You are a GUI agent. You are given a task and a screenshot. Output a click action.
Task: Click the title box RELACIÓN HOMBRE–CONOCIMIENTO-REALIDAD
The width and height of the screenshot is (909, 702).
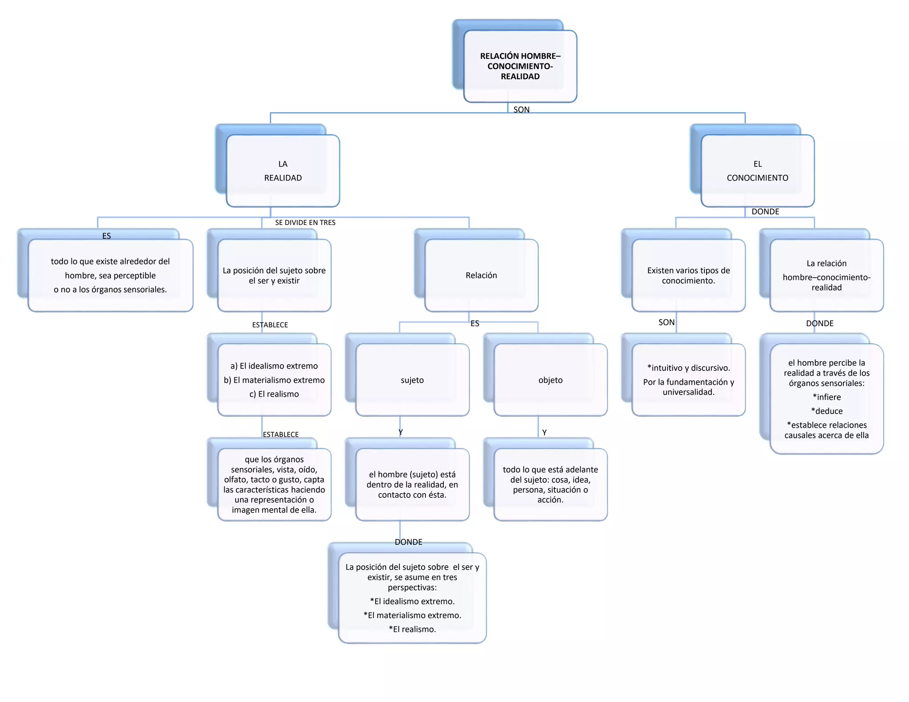click(520, 66)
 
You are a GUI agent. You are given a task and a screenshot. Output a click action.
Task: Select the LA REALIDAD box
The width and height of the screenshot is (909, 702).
click(283, 171)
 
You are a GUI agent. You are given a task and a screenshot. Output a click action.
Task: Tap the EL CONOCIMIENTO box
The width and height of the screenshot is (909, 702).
click(757, 171)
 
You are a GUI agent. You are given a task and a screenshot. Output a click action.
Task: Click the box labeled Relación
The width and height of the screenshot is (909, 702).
click(481, 275)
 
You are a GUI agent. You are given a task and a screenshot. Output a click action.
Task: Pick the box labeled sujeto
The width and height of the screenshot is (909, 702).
click(412, 380)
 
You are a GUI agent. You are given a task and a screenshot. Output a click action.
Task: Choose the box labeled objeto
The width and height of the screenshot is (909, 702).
click(550, 380)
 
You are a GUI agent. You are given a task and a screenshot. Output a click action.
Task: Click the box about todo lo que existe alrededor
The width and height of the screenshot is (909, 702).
click(110, 275)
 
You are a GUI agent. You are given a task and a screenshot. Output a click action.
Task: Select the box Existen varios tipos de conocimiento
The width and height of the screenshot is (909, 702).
click(688, 275)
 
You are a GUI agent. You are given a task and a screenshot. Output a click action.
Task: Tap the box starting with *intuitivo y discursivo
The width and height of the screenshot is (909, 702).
click(688, 380)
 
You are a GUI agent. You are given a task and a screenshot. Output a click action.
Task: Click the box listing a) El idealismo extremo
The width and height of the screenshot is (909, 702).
click(274, 380)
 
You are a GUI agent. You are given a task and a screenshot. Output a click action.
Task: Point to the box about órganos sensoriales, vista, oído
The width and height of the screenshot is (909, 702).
click(274, 484)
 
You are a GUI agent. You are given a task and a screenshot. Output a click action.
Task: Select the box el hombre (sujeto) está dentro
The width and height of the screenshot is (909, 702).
click(412, 484)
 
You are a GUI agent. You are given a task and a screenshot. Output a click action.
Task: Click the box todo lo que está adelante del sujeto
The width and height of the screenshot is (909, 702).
click(550, 484)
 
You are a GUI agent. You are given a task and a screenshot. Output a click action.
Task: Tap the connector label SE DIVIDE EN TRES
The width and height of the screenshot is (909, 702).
click(305, 223)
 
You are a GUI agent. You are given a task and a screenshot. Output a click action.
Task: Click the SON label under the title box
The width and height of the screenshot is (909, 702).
click(521, 110)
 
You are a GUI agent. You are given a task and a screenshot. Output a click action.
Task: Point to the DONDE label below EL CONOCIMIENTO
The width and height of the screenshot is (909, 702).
click(765, 212)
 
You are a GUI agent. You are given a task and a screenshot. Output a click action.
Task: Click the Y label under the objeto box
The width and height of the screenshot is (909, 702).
click(544, 432)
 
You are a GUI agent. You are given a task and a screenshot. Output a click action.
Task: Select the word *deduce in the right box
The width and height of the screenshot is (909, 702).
click(826, 411)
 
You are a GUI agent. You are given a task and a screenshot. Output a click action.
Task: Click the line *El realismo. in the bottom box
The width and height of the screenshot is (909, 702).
click(412, 629)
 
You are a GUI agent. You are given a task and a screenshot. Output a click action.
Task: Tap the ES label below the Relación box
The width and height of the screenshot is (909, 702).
click(474, 323)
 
